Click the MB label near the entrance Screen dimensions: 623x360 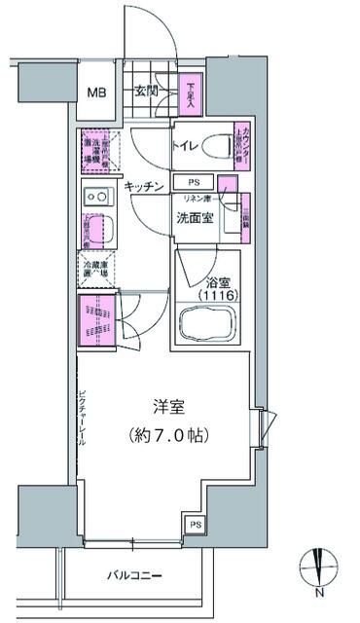96,93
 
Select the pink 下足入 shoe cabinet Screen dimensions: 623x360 192,95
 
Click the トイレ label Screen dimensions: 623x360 187,147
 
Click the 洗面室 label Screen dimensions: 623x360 195,217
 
